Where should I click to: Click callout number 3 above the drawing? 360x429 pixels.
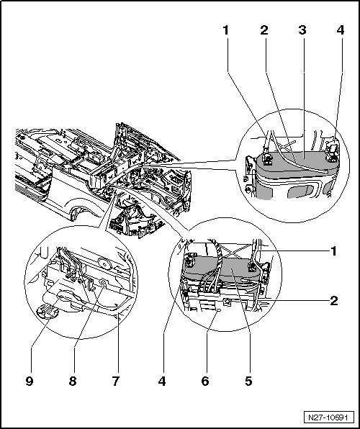302,30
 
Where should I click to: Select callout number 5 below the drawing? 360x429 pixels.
248,381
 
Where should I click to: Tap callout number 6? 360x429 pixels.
205,381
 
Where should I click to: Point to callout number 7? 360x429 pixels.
116,381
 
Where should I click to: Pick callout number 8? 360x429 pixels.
73,381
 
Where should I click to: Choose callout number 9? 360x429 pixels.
30,381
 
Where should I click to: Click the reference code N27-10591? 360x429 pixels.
328,417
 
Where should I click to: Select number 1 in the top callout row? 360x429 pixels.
226,30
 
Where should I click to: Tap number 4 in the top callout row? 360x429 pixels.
341,30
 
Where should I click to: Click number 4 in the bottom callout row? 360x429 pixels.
162,381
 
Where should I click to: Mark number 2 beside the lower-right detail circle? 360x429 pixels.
334,301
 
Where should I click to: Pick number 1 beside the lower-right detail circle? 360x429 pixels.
333,251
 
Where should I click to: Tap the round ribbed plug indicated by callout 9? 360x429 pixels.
47,312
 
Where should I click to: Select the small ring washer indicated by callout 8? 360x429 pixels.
103,283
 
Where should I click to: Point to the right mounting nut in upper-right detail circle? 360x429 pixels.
333,158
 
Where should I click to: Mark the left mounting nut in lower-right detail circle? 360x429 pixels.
189,262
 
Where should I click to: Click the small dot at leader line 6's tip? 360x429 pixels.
218,310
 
